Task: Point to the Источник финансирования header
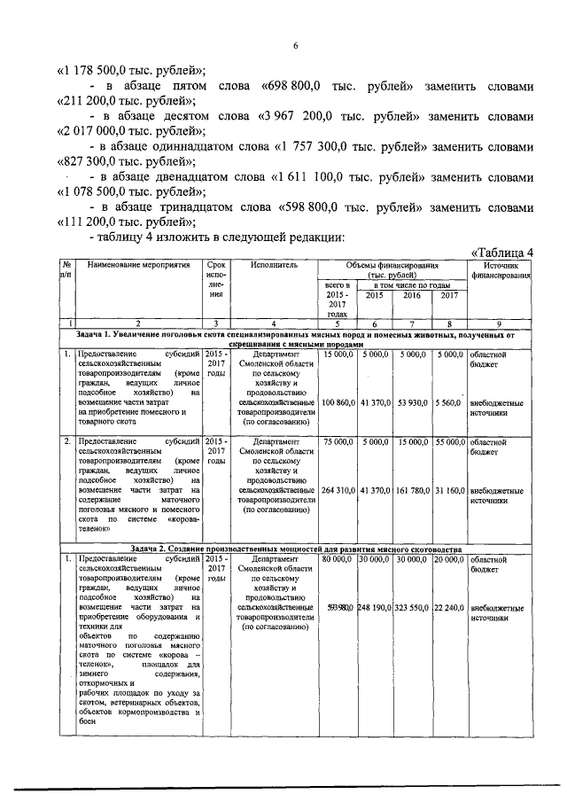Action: [501, 270]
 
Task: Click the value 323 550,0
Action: [412, 609]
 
